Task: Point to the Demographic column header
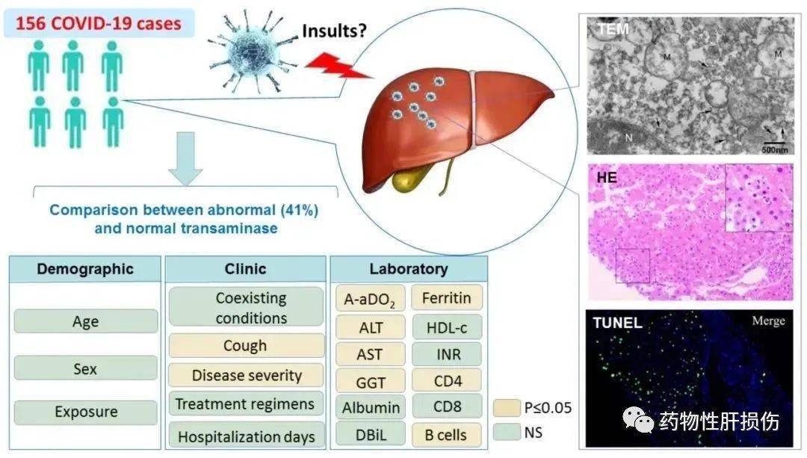pyautogui.click(x=85, y=269)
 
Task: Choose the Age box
pyautogui.click(x=85, y=322)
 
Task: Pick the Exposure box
pyautogui.click(x=85, y=412)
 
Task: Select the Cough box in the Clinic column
pyautogui.click(x=246, y=345)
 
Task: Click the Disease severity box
pyautogui.click(x=246, y=375)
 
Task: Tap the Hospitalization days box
pyautogui.click(x=246, y=436)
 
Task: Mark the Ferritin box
pyautogui.click(x=446, y=298)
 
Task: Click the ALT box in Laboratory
pyautogui.click(x=370, y=327)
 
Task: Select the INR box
pyautogui.click(x=447, y=354)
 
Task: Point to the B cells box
pyautogui.click(x=447, y=435)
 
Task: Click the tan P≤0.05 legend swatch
pyautogui.click(x=504, y=408)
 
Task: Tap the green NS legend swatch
pyautogui.click(x=504, y=431)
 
